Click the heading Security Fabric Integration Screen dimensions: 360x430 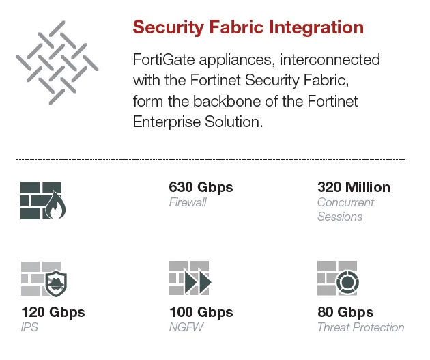248,27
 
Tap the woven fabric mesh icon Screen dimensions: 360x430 57,61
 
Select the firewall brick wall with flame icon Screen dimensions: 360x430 43,200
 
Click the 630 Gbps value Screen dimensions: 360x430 201,187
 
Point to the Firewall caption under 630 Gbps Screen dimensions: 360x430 187,202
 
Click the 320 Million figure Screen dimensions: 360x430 354,187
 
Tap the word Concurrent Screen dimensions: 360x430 345,202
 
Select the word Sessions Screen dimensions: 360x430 340,217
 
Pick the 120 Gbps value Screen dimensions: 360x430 53,312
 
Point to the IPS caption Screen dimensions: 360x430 29,327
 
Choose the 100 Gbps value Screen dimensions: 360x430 201,312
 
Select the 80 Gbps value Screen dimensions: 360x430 345,312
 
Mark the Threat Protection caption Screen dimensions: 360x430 360,327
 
